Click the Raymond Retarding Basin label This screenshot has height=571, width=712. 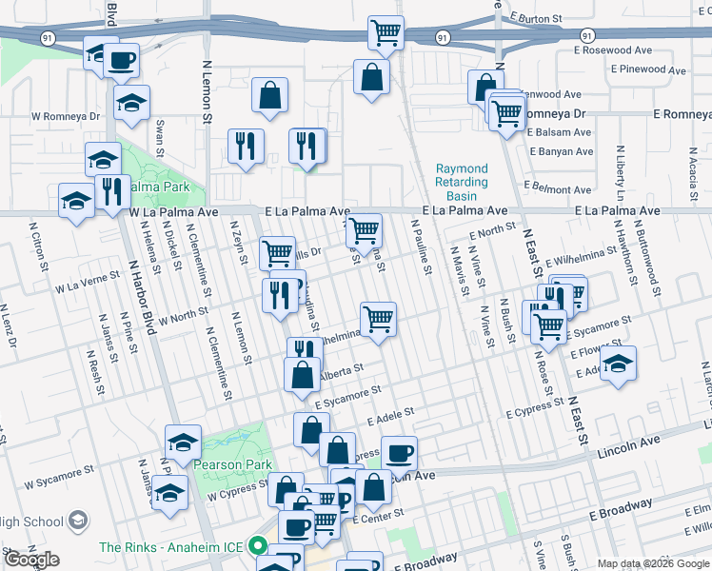pos(462,182)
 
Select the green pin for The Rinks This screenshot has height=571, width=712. pos(257,547)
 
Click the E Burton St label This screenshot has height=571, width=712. pos(542,17)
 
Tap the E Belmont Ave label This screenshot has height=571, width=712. pos(559,187)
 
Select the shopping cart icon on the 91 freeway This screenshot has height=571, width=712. pos(386,33)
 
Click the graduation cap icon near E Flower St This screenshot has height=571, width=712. pos(619,364)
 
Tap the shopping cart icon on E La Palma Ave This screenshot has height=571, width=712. pos(364,230)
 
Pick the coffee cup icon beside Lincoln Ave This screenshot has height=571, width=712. pos(400,452)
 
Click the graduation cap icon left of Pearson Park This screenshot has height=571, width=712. pos(183,441)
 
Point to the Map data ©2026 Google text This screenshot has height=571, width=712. pos(654,563)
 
